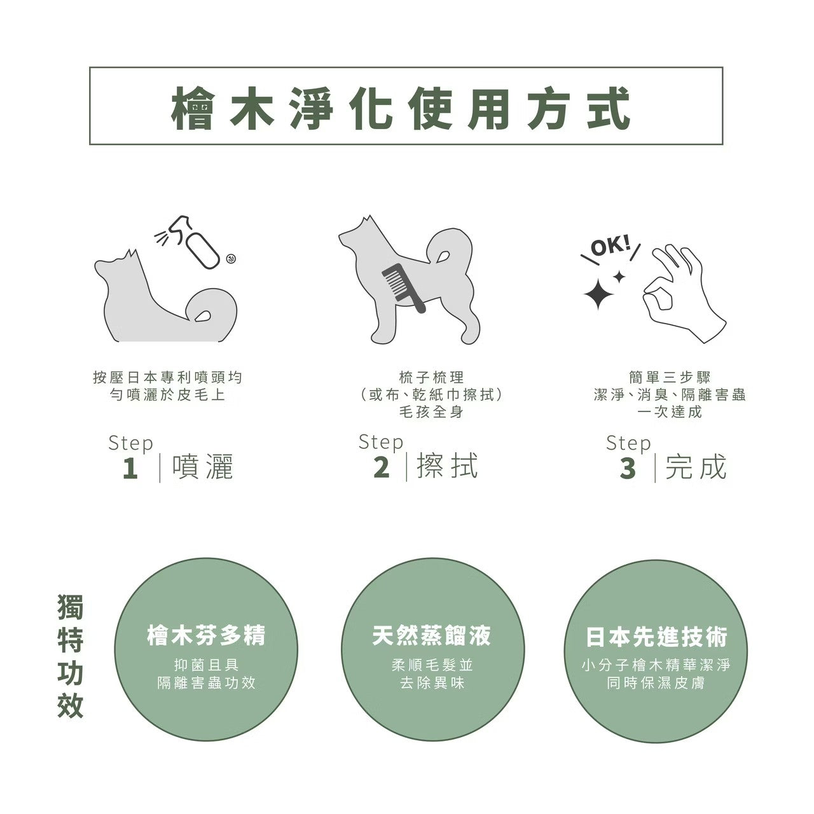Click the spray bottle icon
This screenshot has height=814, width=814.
tap(202, 244)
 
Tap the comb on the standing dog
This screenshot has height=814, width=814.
tap(403, 287)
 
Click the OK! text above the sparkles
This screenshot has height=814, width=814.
tap(611, 245)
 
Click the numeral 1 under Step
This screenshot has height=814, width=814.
tap(130, 469)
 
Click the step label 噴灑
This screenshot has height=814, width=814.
tap(203, 467)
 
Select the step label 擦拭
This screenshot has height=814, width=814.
tap(447, 467)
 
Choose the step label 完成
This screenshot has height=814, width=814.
tap(696, 467)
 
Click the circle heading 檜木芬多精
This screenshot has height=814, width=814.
tap(206, 635)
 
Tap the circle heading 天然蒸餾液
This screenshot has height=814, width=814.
tap(431, 635)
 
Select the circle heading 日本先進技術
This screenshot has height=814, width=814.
tap(656, 637)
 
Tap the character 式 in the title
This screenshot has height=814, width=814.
tap(609, 108)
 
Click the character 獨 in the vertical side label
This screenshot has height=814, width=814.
tap(71, 607)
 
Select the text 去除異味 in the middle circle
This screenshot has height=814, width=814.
tap(432, 684)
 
